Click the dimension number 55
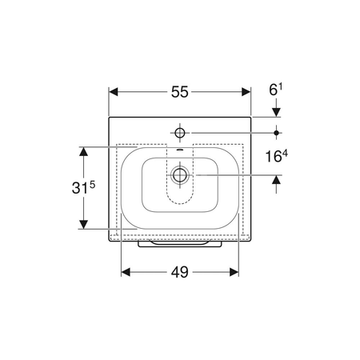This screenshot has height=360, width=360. [x=179, y=92]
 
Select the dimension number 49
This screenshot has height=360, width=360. [x=179, y=272]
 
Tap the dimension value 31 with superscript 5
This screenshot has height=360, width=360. [x=83, y=186]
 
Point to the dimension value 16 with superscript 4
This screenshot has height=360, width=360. [x=277, y=156]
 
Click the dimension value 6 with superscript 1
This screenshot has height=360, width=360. [x=276, y=90]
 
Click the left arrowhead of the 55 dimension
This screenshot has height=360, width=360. [x=114, y=92]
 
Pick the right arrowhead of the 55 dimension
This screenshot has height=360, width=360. [x=246, y=92]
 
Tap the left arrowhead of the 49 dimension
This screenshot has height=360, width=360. [x=126, y=272]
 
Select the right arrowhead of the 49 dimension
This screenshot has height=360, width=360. [x=234, y=272]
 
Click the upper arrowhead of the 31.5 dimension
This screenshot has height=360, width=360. [x=84, y=151]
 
